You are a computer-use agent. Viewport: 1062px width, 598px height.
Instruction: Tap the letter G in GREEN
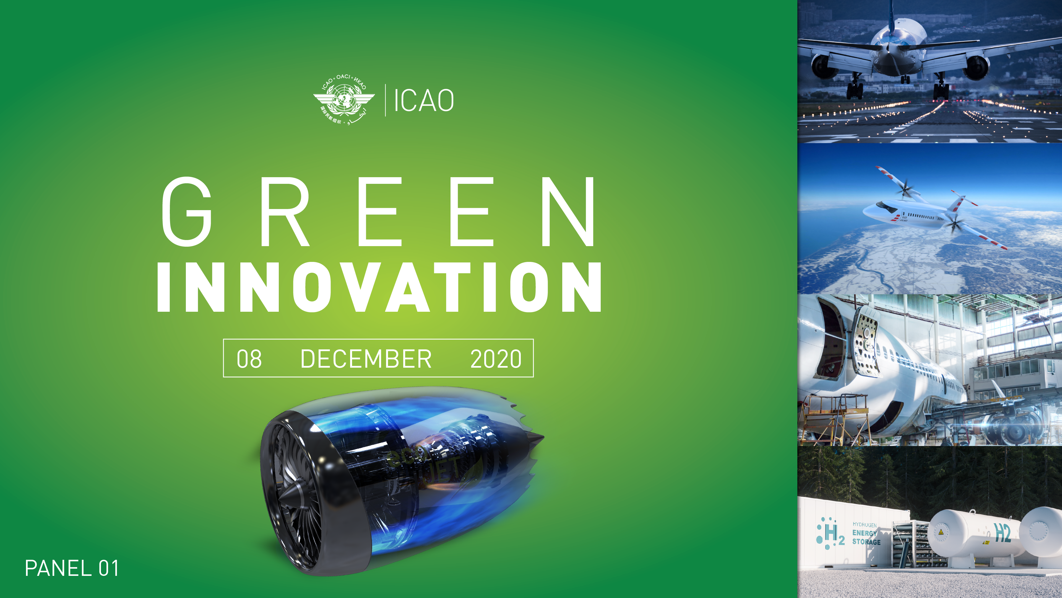tap(187, 212)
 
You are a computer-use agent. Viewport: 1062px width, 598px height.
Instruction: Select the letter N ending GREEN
tap(568, 212)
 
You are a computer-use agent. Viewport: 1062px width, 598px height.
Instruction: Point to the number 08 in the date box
tap(249, 359)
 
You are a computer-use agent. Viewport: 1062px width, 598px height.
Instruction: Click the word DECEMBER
tap(366, 359)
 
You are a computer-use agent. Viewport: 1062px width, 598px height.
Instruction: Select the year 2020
tap(496, 359)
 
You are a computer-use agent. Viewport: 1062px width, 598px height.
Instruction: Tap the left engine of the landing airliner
tap(824, 66)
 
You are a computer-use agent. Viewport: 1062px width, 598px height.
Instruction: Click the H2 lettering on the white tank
tap(1002, 532)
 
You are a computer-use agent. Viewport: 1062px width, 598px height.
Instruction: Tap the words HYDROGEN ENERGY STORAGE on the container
tap(866, 533)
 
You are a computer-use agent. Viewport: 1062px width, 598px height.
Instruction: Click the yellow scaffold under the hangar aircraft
tap(837, 417)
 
